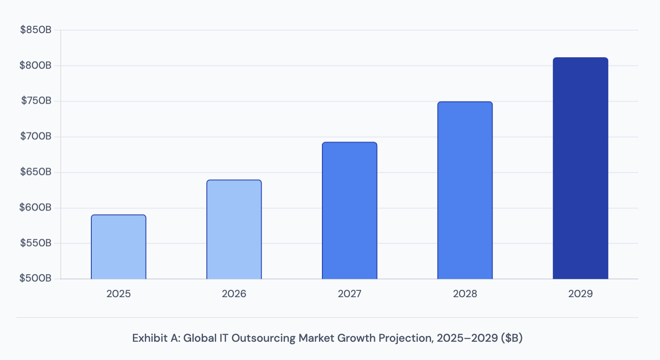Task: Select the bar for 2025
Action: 118,247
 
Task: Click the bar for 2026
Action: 234,230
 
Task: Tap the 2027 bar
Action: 350,211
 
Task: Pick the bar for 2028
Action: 465,191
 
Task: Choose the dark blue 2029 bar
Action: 580,169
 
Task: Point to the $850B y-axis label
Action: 36,30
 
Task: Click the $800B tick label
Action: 36,66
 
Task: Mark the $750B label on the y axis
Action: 36,101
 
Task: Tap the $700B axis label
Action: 36,137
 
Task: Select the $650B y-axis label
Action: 36,172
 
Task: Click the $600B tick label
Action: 36,208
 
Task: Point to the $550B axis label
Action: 36,243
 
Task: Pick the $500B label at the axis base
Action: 36,278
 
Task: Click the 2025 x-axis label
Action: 118,294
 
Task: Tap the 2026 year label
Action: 234,294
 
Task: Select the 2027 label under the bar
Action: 350,294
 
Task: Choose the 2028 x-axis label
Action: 465,294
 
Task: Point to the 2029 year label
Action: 580,294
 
